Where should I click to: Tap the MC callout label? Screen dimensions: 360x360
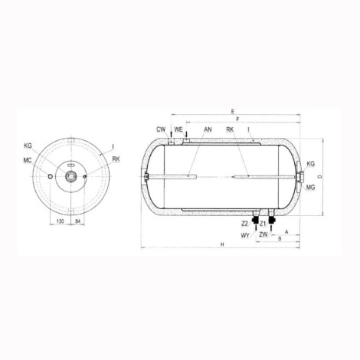(x=28, y=162)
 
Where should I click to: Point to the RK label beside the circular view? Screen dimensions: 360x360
(x=116, y=159)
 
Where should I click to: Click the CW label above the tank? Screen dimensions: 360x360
(x=161, y=129)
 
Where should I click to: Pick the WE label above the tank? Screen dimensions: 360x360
(x=178, y=129)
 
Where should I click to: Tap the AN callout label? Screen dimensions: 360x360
(x=208, y=129)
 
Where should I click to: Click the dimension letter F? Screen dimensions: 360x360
(x=238, y=119)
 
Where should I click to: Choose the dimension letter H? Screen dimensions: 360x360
(x=222, y=244)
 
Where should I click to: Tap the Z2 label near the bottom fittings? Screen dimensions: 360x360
(x=244, y=224)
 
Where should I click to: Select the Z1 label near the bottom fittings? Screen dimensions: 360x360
(x=263, y=224)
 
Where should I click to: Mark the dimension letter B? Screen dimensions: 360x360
(x=280, y=238)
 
